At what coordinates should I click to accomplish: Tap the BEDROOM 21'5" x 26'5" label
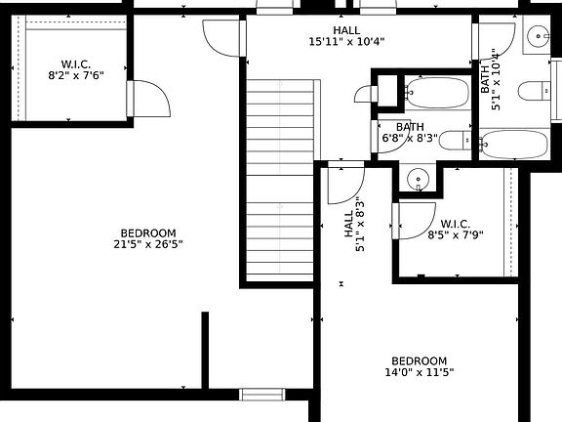148,237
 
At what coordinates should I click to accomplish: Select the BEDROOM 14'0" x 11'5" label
420,366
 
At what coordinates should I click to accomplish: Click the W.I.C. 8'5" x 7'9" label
455,228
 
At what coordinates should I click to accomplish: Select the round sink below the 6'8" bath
418,180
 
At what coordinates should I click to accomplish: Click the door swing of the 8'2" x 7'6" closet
148,101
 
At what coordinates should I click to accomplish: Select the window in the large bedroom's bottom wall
261,395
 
